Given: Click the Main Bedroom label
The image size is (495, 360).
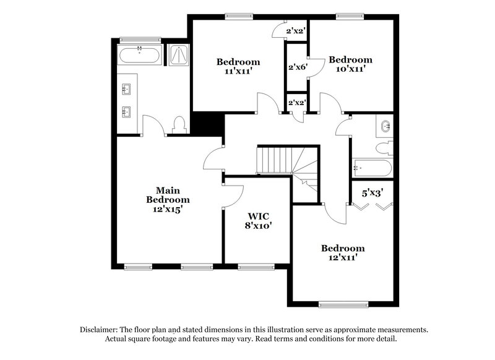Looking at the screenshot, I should (x=168, y=200).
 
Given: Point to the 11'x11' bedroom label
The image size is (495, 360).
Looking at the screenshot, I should (x=238, y=66).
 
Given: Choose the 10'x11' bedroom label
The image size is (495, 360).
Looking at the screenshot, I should (x=350, y=64).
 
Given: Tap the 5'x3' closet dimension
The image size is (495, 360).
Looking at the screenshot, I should (x=373, y=192).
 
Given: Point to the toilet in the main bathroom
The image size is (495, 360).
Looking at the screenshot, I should (x=180, y=126).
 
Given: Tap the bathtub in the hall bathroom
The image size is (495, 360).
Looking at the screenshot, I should (x=372, y=168).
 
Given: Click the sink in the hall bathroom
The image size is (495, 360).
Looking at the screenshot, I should (x=385, y=127).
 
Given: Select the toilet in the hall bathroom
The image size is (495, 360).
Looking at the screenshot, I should (x=387, y=148).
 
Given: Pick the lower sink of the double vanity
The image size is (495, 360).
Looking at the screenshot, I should (x=127, y=112).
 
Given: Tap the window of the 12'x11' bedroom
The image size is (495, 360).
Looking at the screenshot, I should (x=342, y=304).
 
